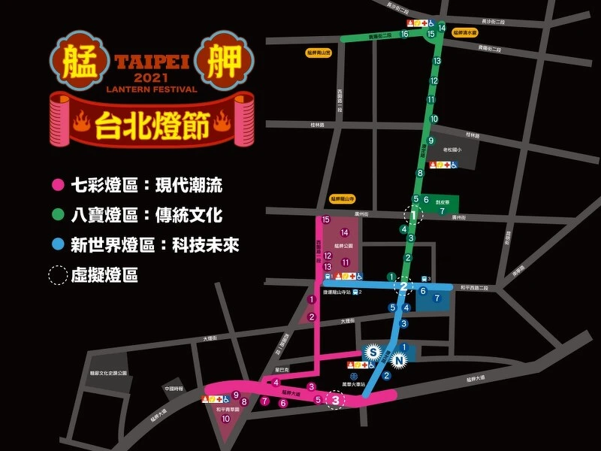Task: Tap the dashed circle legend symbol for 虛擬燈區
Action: point(57,275)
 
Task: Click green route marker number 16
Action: point(405,34)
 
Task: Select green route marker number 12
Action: point(433,80)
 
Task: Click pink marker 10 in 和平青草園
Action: point(225,419)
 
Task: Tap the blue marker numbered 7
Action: point(438,298)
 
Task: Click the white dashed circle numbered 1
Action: point(413,216)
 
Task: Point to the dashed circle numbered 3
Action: point(335,401)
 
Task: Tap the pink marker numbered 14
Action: point(345,232)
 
